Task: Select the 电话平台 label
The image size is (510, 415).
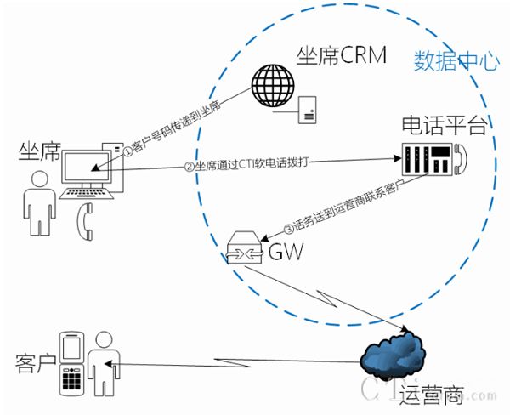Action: click(445, 127)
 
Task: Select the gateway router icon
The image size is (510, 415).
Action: click(246, 249)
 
